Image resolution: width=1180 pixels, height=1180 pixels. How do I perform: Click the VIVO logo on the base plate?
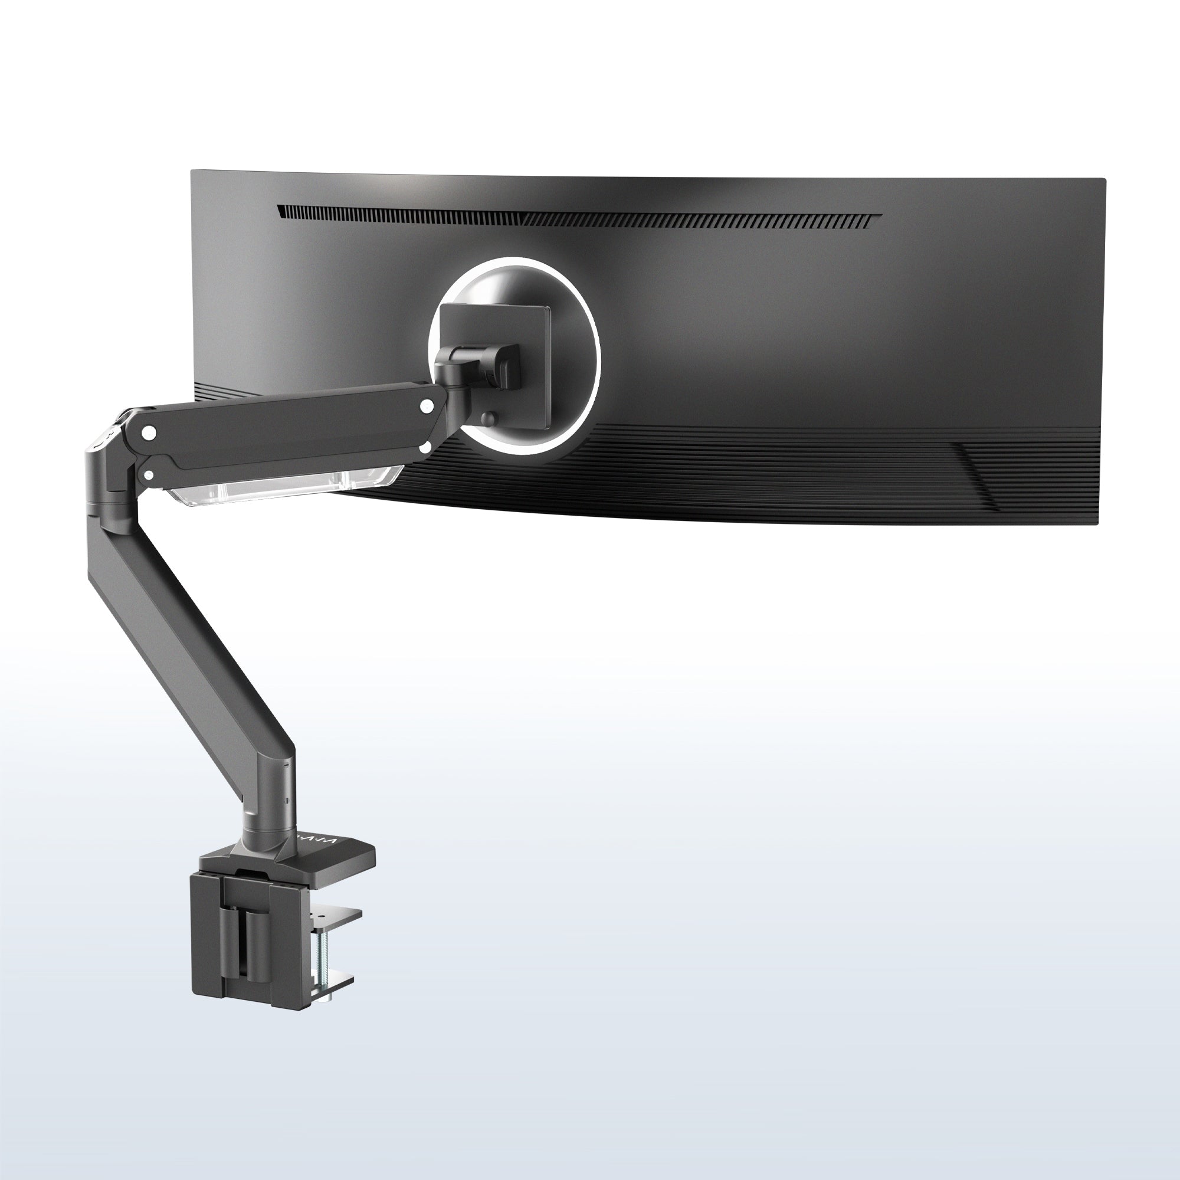(317, 844)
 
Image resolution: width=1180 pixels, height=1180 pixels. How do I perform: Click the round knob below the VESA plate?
(488, 419)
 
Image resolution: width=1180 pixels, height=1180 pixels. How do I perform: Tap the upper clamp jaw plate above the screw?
(336, 914)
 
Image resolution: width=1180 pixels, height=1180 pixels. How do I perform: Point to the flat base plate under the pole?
(342, 849)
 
